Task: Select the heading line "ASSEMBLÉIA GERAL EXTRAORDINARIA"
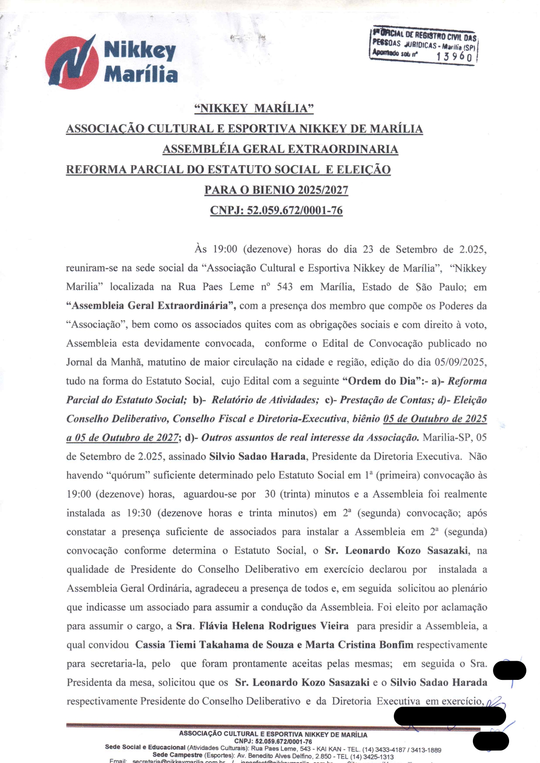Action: pos(280,149)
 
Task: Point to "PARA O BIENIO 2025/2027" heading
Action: pos(276,190)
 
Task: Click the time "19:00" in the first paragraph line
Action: pos(225,249)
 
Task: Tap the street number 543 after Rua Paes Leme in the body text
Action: pos(285,287)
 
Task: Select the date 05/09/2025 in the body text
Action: pos(460,362)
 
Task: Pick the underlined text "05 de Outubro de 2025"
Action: pos(435,419)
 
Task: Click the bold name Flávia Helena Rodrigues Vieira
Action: pos(274,626)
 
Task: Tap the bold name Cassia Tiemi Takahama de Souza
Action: pos(214,645)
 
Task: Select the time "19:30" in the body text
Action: pos(139,513)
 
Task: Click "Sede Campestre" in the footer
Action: pos(177,755)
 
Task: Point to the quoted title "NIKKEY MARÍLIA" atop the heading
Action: pos(254,108)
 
